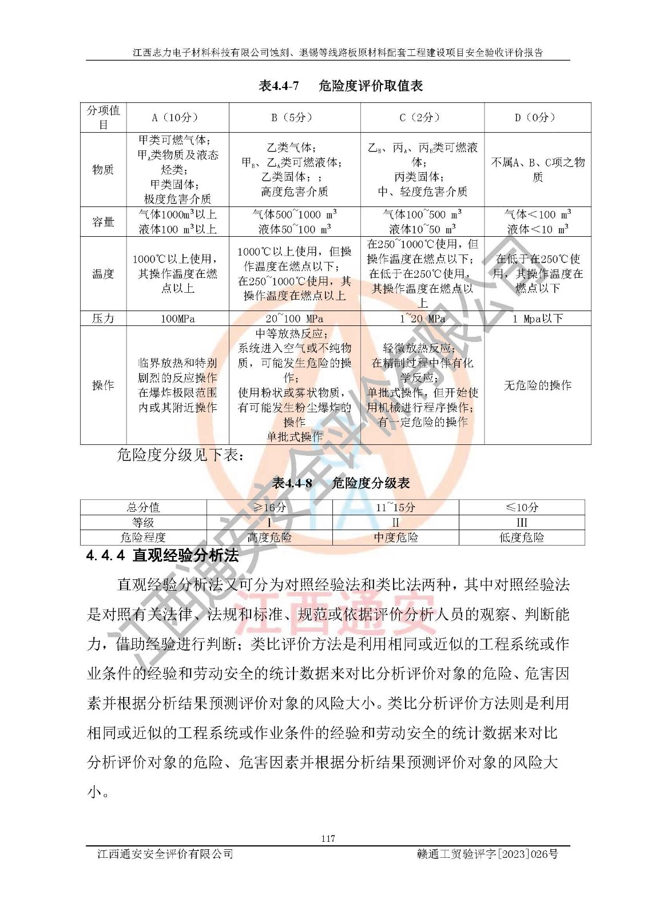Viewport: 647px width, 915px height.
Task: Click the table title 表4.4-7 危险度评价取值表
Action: [341, 86]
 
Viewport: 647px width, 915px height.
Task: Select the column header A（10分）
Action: [177, 118]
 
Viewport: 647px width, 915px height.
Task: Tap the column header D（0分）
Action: [537, 118]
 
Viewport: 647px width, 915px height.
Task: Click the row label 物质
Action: [103, 170]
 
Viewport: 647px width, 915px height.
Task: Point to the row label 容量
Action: [103, 222]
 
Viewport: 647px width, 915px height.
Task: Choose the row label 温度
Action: [103, 274]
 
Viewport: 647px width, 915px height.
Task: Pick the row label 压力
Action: [103, 319]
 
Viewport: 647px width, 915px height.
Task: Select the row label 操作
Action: [103, 385]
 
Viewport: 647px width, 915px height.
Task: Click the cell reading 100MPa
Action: [177, 319]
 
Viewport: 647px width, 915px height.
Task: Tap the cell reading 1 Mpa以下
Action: [537, 319]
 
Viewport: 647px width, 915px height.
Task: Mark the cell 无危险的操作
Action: [537, 385]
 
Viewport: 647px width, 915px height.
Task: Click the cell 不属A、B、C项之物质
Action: [537, 170]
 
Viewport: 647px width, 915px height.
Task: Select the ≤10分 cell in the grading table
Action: [521, 507]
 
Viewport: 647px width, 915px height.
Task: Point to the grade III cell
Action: [521, 523]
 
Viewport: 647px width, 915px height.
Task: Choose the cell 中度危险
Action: [395, 538]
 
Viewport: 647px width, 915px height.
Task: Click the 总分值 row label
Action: [143, 507]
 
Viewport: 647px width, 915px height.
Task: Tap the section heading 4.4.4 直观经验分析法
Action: [162, 555]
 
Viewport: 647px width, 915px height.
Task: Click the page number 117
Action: [328, 838]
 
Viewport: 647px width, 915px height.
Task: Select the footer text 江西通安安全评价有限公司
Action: [165, 854]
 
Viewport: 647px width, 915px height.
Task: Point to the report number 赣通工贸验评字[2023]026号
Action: [488, 854]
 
